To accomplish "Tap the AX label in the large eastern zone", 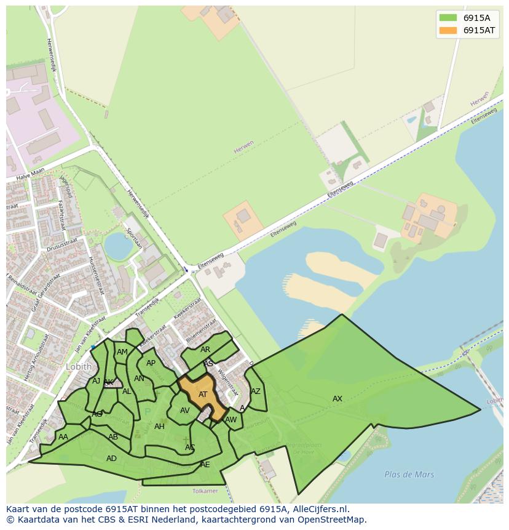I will pos(337,399).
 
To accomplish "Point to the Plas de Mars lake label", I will pos(409,475).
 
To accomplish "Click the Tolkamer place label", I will pos(205,491).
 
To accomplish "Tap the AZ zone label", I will pos(256,391).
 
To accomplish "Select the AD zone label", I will pos(111,459).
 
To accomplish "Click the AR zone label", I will pos(205,350).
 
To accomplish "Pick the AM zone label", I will pos(122,352).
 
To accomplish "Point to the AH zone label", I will pos(159,427).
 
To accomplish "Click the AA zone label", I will pos(63,437).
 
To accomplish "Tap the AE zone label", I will pos(205,465).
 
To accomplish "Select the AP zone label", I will pos(151,363).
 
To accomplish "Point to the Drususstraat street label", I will pos(61,245).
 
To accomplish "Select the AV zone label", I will pos(184,411).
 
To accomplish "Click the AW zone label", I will pos(231,420).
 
